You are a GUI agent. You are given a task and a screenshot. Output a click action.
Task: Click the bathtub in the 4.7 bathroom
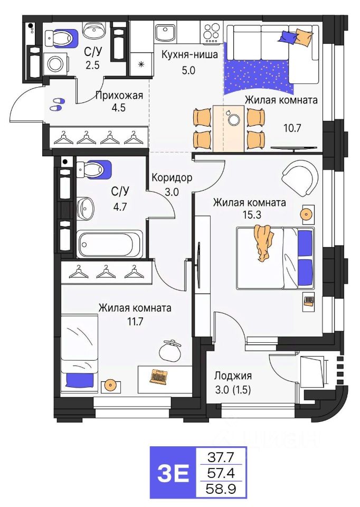pyautogui.click(x=110, y=244)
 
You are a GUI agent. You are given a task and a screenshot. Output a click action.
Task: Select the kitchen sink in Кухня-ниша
pyautogui.click(x=165, y=32)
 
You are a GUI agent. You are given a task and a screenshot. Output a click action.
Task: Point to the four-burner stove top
pyautogui.click(x=211, y=33)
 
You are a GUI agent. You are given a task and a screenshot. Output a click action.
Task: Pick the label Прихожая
pyautogui.click(x=119, y=96)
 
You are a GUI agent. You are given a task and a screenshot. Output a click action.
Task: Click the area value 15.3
pyautogui.click(x=252, y=214)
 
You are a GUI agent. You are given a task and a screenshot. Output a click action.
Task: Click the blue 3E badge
pyautogui.click(x=173, y=473)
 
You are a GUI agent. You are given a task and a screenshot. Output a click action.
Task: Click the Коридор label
pyautogui.click(x=172, y=177)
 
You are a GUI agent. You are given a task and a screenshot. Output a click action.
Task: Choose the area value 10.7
pyautogui.click(x=292, y=128)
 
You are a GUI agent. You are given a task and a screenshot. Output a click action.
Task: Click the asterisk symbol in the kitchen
pyautogui.click(x=141, y=64)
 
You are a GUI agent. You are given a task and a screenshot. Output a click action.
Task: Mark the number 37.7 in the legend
pyautogui.click(x=221, y=457)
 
